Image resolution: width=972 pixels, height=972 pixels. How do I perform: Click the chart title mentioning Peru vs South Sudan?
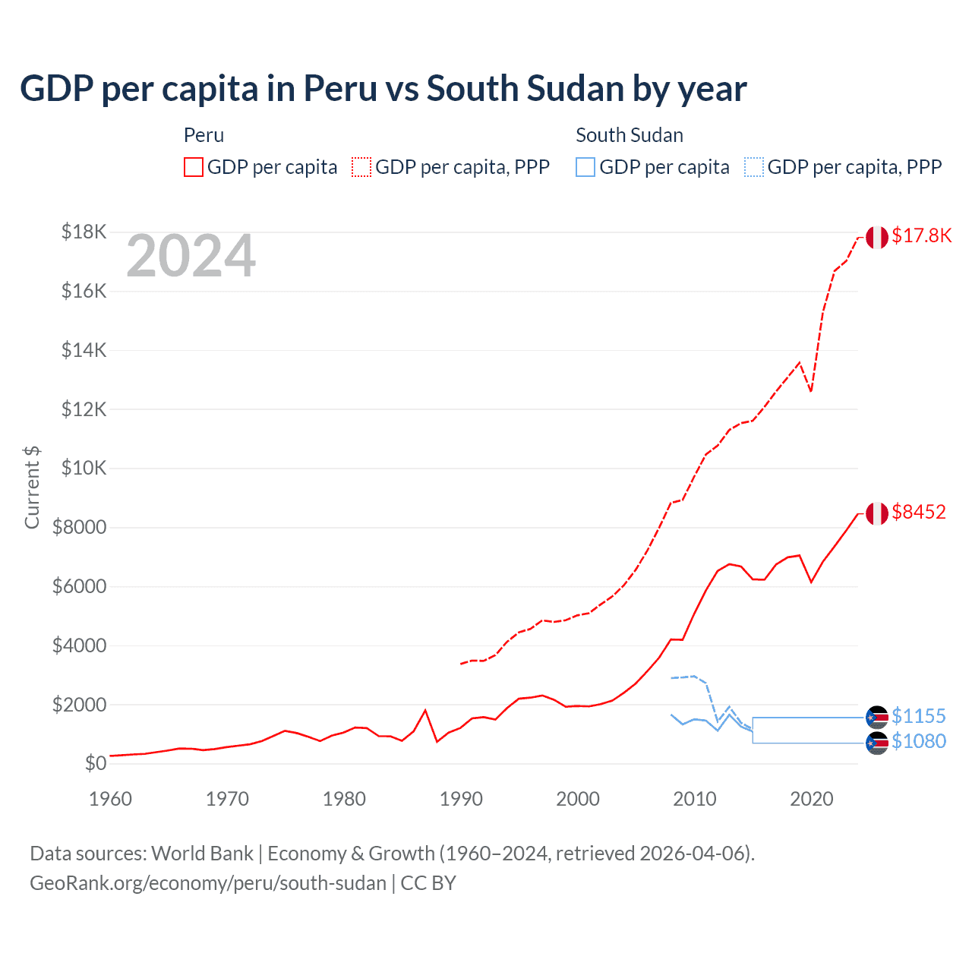pos(383,89)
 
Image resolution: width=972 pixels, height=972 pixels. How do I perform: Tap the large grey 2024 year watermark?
pos(191,257)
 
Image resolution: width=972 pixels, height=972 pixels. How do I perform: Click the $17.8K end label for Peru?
pos(921,235)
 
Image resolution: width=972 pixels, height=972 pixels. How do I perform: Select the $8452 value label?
pos(919,512)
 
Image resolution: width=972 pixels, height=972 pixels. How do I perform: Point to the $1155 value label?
pos(919,716)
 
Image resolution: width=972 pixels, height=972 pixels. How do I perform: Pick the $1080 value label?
pos(919,741)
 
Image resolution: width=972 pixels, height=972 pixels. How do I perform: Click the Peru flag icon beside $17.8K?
pos(877,237)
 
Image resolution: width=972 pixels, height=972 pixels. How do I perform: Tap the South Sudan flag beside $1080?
pos(877,743)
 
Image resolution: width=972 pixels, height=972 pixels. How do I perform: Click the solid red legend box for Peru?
pos(194,167)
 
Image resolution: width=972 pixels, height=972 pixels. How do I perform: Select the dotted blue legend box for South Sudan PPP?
pos(754,167)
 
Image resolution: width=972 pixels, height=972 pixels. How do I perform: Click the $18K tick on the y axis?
pos(84,232)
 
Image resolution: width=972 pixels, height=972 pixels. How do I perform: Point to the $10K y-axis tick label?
pos(84,468)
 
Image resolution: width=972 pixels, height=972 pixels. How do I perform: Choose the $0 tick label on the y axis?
pos(95,763)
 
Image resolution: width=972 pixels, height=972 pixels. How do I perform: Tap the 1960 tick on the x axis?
pos(111,799)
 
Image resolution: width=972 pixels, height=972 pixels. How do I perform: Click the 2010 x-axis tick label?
pos(695,799)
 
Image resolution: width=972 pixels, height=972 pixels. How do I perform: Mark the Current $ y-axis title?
pos(32,488)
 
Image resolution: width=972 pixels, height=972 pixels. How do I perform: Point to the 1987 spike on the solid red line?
pos(425,711)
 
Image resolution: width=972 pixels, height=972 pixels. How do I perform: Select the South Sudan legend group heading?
pos(629,135)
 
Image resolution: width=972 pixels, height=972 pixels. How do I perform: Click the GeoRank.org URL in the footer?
pos(208,883)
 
